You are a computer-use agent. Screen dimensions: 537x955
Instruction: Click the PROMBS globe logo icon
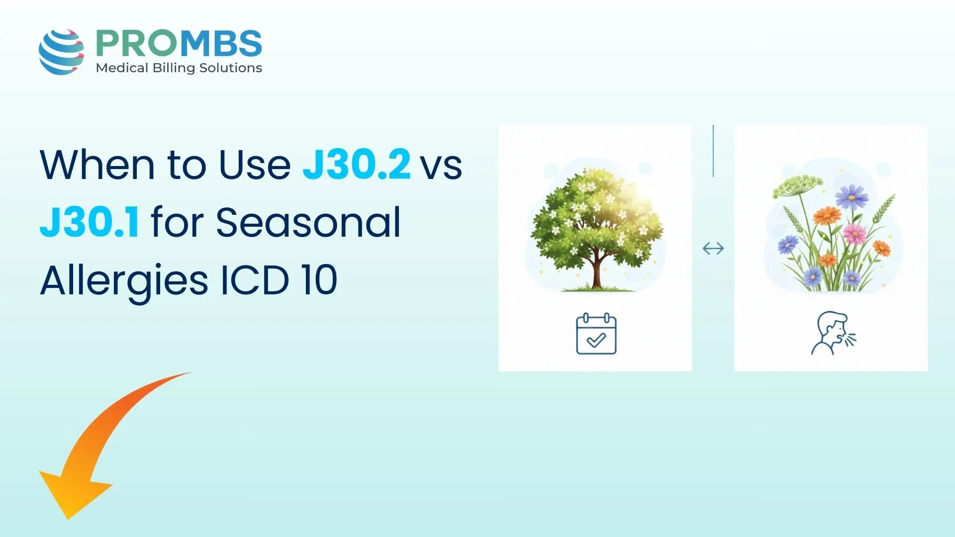coord(61,52)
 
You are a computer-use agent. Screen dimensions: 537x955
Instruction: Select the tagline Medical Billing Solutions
coord(179,68)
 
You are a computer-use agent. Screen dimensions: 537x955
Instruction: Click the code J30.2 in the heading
coord(357,165)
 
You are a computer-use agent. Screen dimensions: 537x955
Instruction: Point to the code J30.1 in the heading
coord(90,222)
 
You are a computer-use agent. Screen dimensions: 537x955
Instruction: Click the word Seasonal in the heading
coord(308,222)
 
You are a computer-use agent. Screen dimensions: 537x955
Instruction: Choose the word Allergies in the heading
coord(124,280)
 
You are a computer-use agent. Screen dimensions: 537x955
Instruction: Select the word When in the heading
coord(97,165)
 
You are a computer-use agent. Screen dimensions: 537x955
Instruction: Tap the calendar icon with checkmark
coord(596,334)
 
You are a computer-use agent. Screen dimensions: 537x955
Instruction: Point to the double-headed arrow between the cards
coord(713,248)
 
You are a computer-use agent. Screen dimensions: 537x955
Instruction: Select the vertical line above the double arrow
coord(713,151)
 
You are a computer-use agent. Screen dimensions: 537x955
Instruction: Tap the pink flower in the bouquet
coord(854,233)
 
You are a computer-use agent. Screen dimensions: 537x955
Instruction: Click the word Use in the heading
coord(255,165)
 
